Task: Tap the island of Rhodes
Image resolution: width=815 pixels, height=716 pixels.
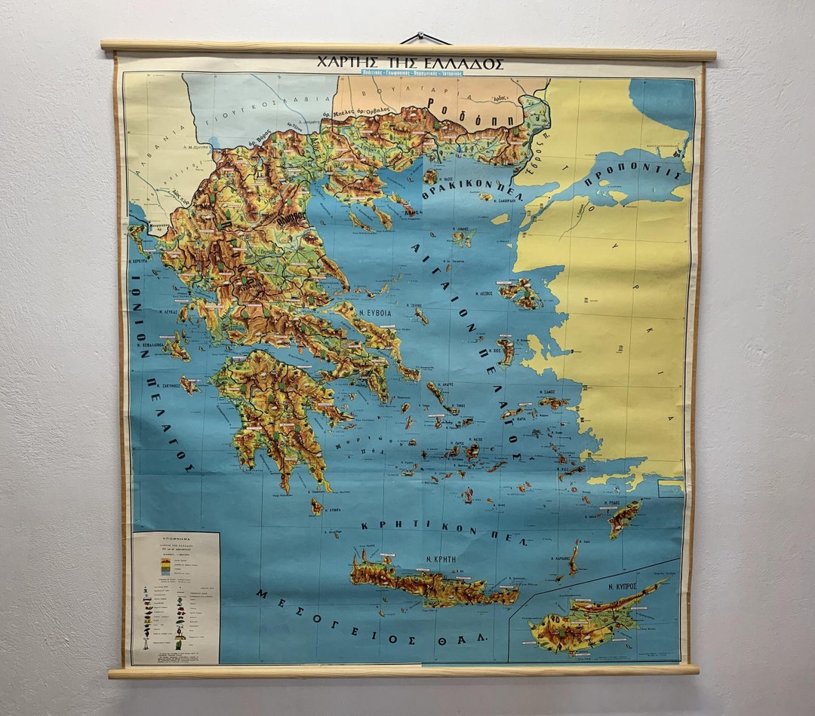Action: click(624, 519)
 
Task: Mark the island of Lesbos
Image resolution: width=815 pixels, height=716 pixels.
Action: click(520, 292)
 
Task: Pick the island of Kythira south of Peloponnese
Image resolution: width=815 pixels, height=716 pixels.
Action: click(317, 506)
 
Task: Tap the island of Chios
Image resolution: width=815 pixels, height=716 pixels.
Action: click(505, 351)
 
